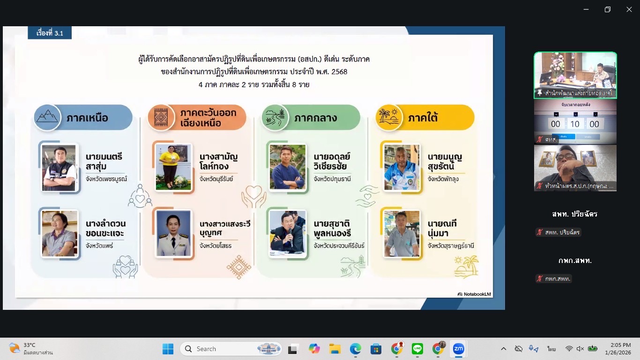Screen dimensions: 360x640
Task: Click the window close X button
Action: point(629,9)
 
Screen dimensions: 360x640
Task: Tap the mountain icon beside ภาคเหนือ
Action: point(47,117)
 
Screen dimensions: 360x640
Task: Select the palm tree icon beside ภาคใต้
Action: point(389,117)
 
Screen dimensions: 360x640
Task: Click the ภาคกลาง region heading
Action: point(315,118)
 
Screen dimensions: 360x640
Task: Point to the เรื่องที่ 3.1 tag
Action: point(50,33)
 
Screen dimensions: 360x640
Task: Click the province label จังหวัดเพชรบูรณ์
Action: point(106,179)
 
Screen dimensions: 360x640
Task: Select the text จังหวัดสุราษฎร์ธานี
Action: point(451,246)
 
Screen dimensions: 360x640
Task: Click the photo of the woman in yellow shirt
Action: point(173,167)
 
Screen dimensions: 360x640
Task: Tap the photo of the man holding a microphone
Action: point(287,233)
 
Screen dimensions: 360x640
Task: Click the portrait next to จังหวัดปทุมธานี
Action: point(287,167)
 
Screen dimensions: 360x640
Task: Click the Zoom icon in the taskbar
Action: point(458,349)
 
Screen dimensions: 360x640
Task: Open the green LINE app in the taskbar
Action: point(417,349)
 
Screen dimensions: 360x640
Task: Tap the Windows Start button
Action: point(168,349)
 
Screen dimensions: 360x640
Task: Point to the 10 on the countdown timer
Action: point(575,124)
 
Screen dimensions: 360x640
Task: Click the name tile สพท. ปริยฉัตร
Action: point(575,214)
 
